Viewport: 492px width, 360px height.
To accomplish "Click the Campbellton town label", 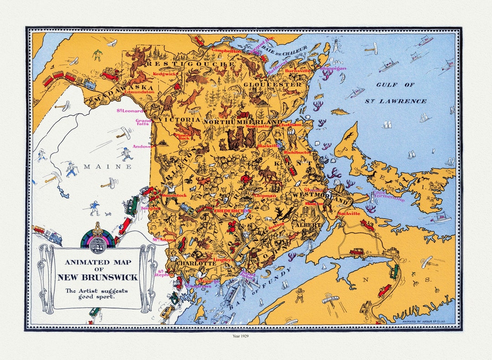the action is click(226, 51).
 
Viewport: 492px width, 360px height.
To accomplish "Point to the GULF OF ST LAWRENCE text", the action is click(395, 93).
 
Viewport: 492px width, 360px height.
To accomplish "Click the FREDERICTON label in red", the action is click(232, 211).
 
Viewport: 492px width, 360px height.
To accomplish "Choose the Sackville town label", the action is click(349, 213).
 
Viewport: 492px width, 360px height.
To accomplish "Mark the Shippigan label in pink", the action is click(333, 69).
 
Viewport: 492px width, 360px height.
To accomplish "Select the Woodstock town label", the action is click(175, 195).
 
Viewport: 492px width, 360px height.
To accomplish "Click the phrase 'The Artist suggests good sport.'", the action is click(96, 294).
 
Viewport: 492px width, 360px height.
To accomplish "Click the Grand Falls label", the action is click(143, 122).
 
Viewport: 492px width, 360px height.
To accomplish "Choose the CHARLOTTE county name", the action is click(196, 264).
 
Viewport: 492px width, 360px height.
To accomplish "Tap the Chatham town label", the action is click(290, 125).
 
